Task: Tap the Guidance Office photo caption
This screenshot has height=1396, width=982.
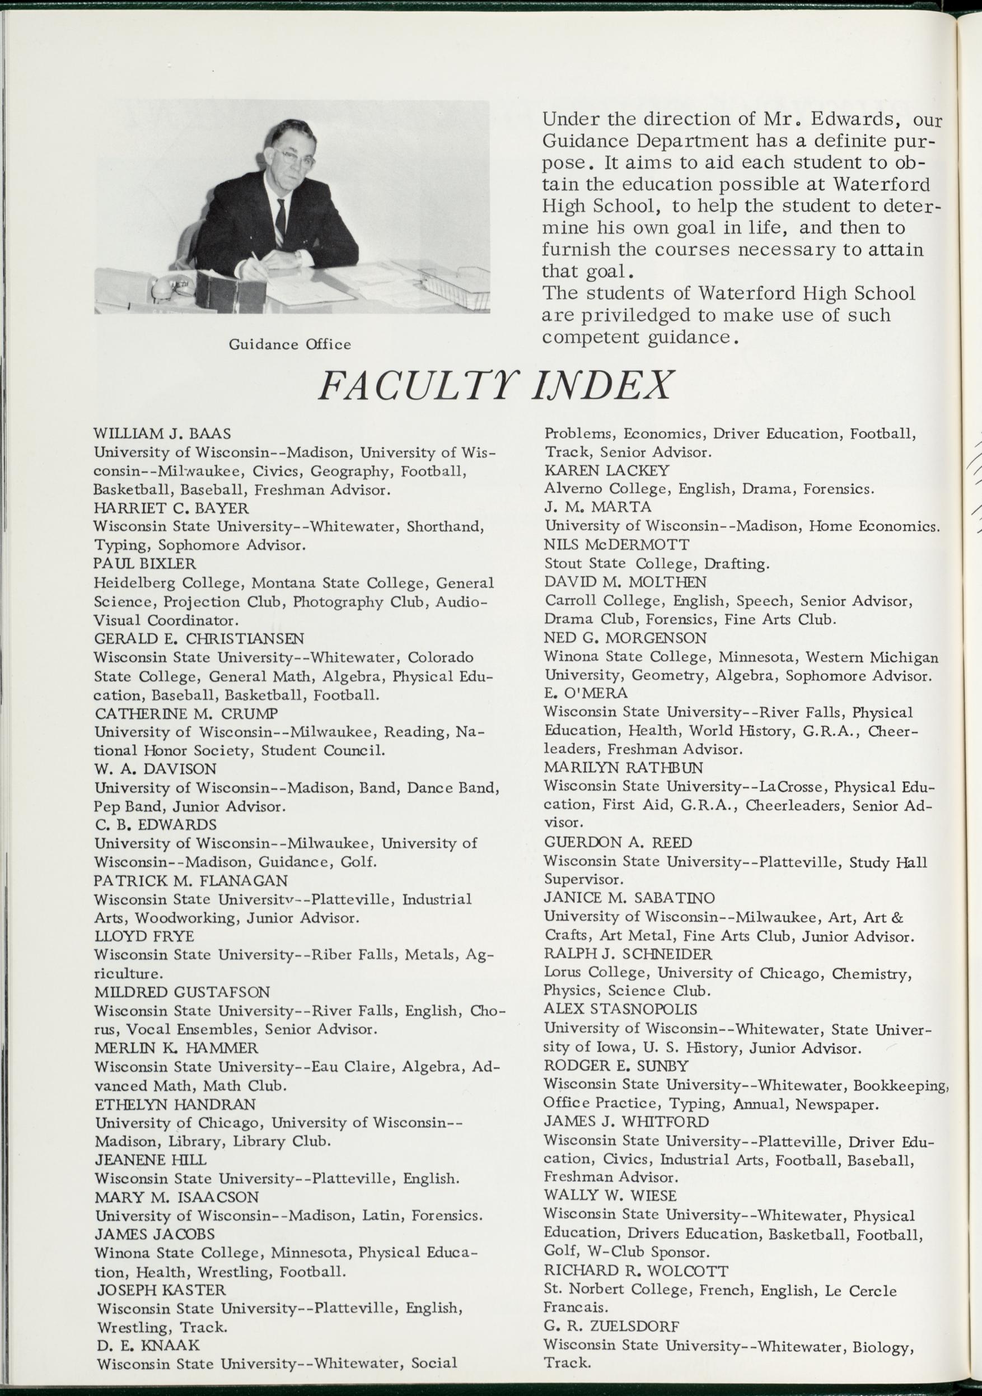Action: [289, 345]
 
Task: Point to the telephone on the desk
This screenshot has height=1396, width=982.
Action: [171, 286]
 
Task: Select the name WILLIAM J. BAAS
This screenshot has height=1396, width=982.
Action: [162, 433]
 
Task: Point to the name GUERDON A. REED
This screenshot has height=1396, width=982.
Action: [618, 842]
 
